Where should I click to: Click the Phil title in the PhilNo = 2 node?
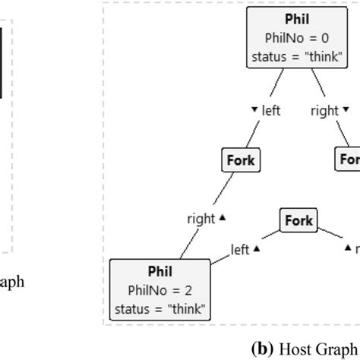(160, 272)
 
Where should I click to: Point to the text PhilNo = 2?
(160, 289)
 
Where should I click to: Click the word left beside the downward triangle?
(271, 111)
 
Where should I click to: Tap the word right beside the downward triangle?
(324, 111)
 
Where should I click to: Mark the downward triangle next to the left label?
(254, 110)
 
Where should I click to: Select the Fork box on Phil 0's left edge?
(240, 160)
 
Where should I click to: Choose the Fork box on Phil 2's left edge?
(298, 221)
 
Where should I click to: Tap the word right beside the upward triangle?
(201, 219)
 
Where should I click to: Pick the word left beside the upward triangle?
(241, 248)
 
